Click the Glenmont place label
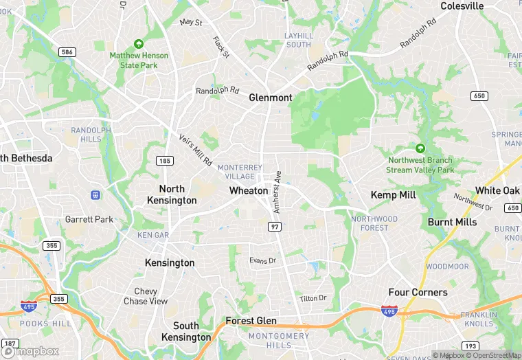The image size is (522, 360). click(x=271, y=98)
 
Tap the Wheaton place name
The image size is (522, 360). click(x=249, y=190)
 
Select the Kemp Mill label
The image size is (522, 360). click(x=394, y=195)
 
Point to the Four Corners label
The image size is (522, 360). click(x=418, y=292)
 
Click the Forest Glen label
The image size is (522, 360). click(x=251, y=321)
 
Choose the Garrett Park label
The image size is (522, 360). click(x=89, y=219)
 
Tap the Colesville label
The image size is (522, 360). click(x=462, y=6)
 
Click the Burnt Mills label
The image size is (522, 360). click(x=452, y=222)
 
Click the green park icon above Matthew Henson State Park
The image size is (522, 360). click(x=139, y=44)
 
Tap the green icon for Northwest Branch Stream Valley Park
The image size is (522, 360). click(x=420, y=148)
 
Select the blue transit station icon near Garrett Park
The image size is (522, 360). click(x=95, y=195)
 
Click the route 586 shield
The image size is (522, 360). click(x=67, y=52)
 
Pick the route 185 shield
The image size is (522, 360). click(x=164, y=161)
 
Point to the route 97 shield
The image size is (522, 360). click(x=275, y=226)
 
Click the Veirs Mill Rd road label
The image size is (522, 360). click(x=195, y=149)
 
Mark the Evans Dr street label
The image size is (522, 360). click(x=262, y=260)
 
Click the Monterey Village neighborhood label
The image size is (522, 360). click(x=240, y=172)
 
